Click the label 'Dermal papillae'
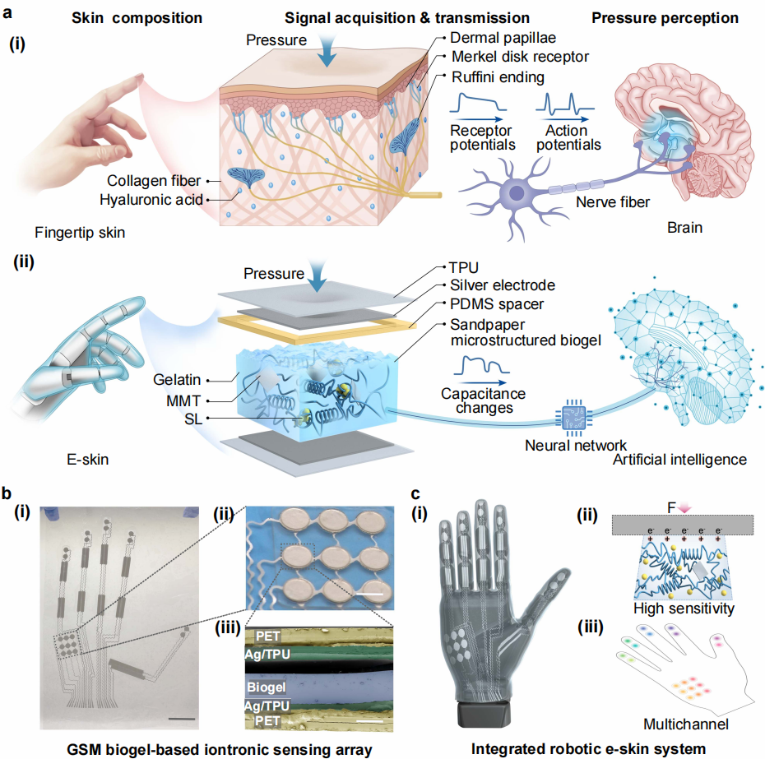point(503,38)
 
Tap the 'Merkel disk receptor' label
point(520,57)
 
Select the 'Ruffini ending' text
point(498,77)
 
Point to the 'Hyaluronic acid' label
point(151,200)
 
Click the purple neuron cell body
point(517,192)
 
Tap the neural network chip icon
point(574,418)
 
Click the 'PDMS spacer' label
point(497,304)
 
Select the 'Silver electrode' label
point(503,285)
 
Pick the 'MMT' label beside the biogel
point(183,401)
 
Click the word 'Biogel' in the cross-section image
point(267,687)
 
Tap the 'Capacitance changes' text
point(483,400)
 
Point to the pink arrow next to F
point(685,508)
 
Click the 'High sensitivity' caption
point(684,609)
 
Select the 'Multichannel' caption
point(686,724)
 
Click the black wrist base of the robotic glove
point(484,713)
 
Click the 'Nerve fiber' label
point(613,202)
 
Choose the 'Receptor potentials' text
point(482,137)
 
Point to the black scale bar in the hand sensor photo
point(182,719)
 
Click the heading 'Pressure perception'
point(665,18)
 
